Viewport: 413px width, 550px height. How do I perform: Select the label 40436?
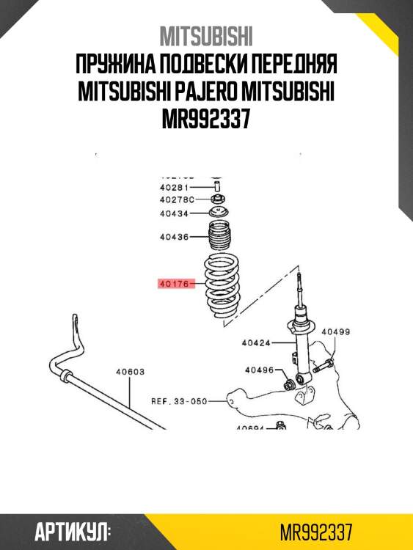point(174,237)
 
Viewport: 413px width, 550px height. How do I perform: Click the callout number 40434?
point(174,213)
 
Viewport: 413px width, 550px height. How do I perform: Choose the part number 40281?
point(174,188)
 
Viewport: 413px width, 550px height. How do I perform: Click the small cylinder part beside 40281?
point(216,187)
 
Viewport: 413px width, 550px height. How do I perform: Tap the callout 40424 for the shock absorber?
point(257,342)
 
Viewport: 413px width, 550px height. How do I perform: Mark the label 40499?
point(336,332)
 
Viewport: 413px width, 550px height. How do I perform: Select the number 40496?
point(259,370)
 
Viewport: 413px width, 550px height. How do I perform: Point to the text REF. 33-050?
point(179,401)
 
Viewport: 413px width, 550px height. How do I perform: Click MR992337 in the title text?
point(206,118)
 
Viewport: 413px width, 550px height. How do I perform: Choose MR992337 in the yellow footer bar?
point(317,531)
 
